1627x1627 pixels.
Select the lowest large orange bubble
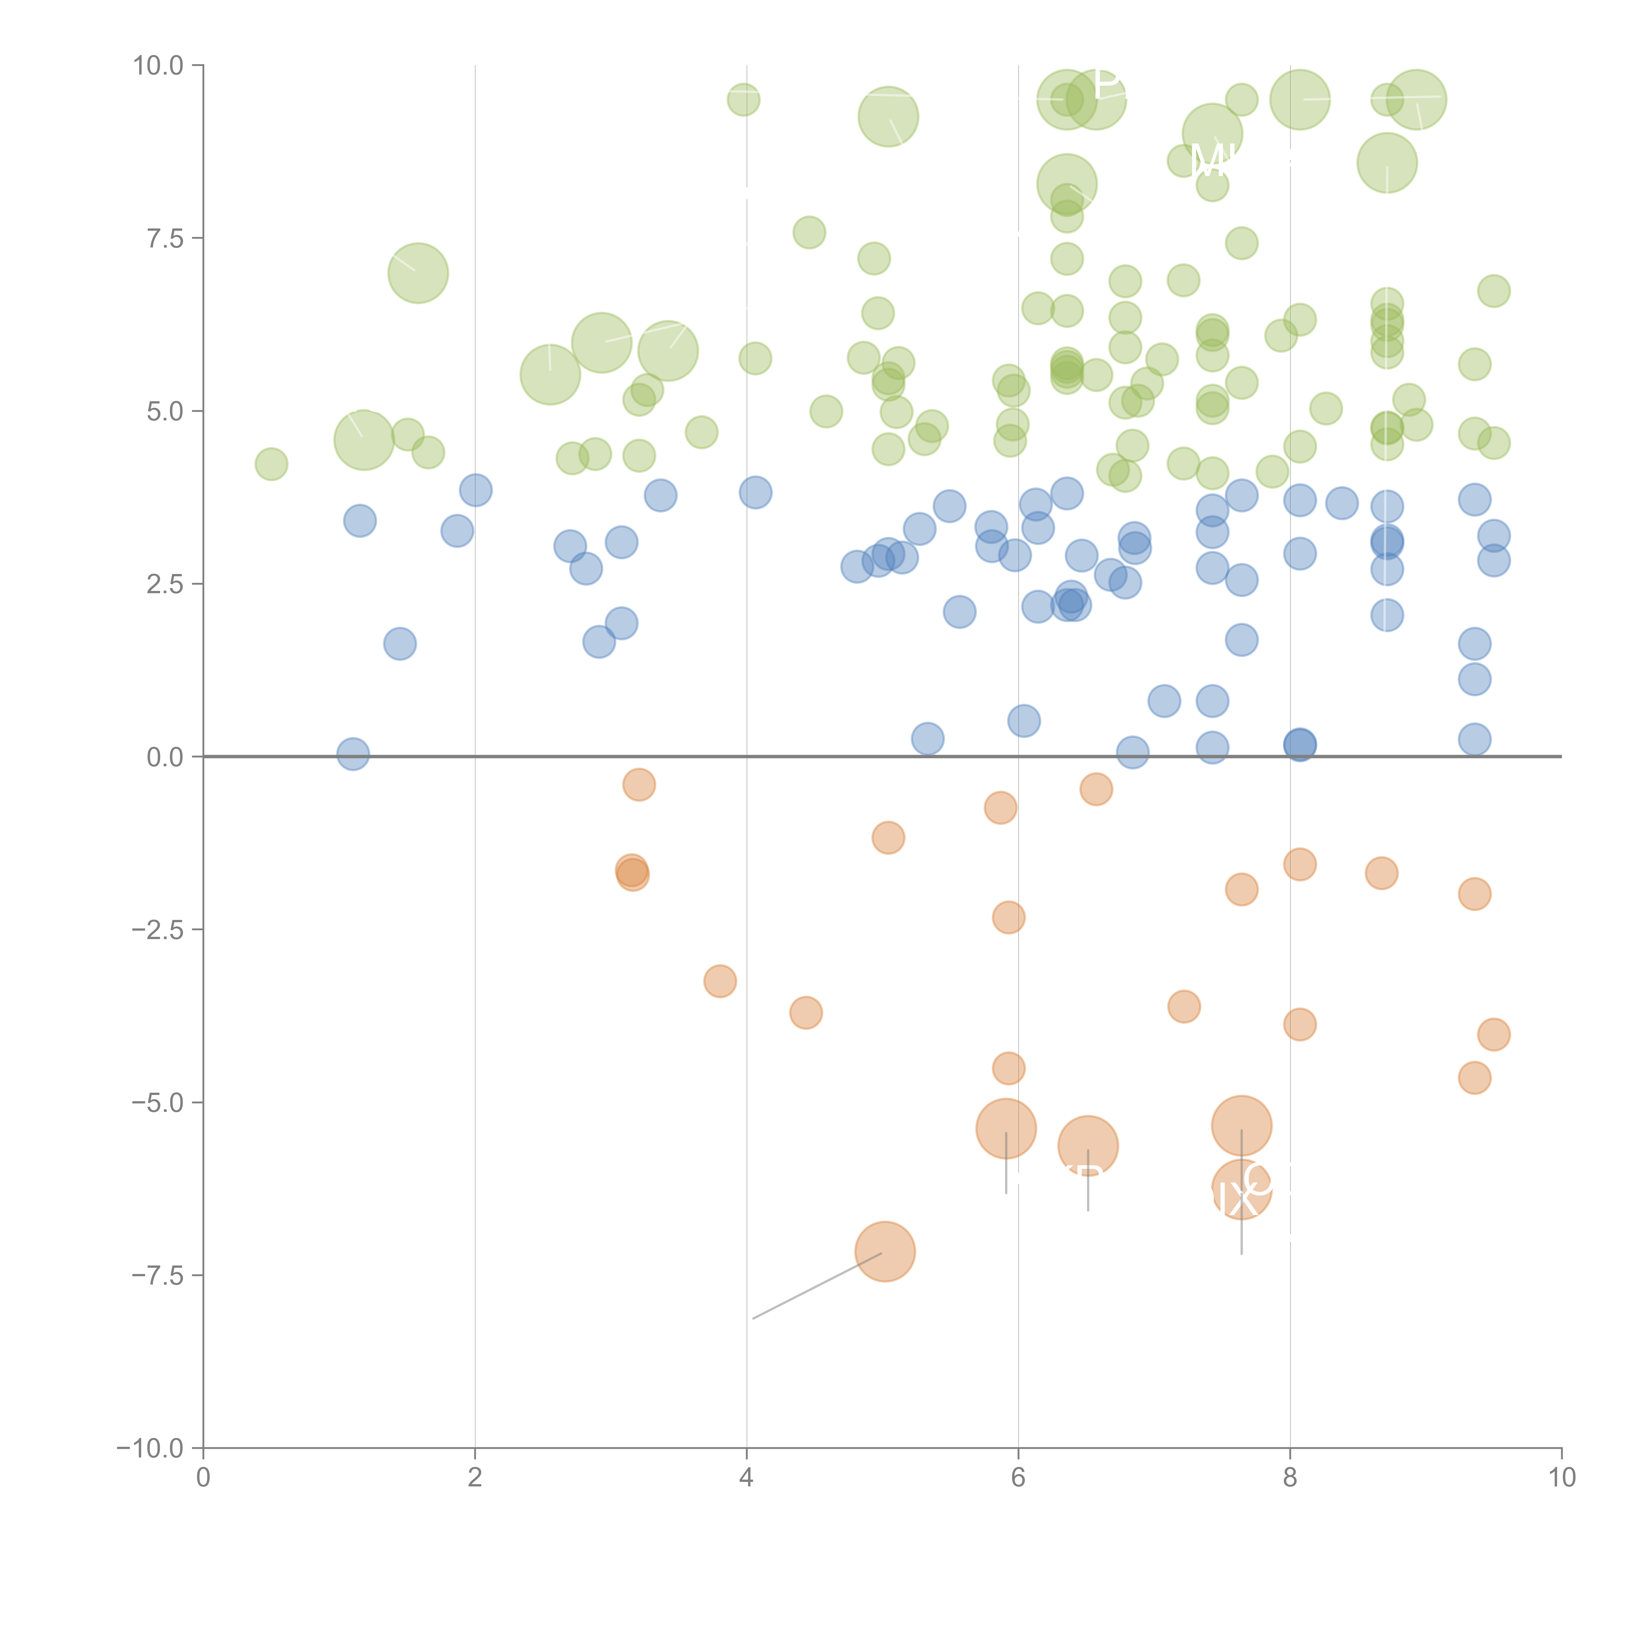pyautogui.click(x=884, y=1251)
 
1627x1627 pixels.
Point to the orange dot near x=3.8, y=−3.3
pyautogui.click(x=720, y=981)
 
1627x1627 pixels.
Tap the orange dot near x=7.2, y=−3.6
pyautogui.click(x=1184, y=1006)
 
